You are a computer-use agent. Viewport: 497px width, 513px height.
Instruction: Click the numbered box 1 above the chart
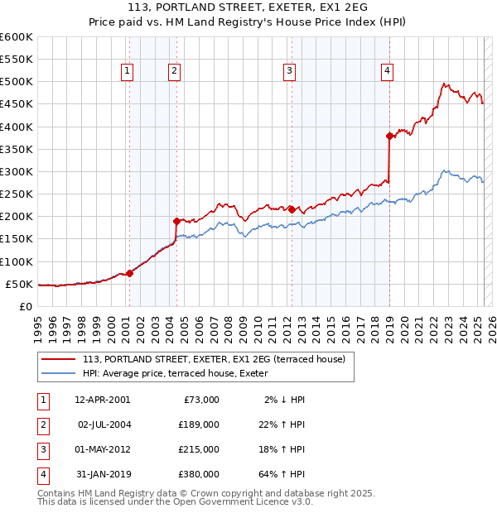(128, 72)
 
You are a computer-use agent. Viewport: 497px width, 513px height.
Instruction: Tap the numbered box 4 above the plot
(387, 72)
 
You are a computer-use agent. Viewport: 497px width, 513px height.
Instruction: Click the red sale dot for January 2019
(389, 136)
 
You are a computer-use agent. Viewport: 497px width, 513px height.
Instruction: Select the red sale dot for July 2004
(176, 221)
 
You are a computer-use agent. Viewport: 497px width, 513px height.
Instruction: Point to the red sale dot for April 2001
(129, 273)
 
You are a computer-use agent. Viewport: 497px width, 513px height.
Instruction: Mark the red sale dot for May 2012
(292, 209)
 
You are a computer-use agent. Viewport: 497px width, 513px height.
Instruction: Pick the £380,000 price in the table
(198, 474)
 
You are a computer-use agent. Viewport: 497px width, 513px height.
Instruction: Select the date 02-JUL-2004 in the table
(104, 424)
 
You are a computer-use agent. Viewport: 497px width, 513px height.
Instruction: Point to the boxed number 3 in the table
(42, 449)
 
